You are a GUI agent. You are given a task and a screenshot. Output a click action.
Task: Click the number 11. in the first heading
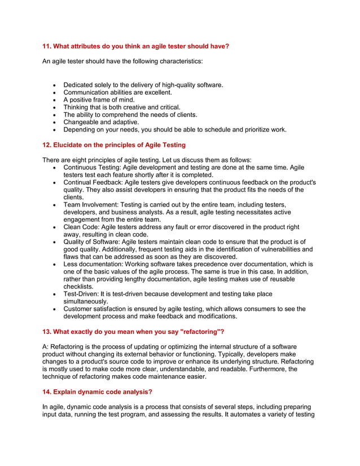click(x=48, y=46)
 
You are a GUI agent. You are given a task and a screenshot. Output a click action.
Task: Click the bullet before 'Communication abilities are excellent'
click(x=53, y=93)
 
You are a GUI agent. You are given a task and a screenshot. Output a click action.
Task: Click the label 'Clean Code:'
click(x=81, y=227)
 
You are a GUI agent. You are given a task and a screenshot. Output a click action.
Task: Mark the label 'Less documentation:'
click(x=93, y=264)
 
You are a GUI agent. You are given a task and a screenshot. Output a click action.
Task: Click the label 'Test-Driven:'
click(x=82, y=294)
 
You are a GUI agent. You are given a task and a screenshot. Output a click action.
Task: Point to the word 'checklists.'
click(x=79, y=287)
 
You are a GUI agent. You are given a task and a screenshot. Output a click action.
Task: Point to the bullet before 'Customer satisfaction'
click(x=53, y=309)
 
